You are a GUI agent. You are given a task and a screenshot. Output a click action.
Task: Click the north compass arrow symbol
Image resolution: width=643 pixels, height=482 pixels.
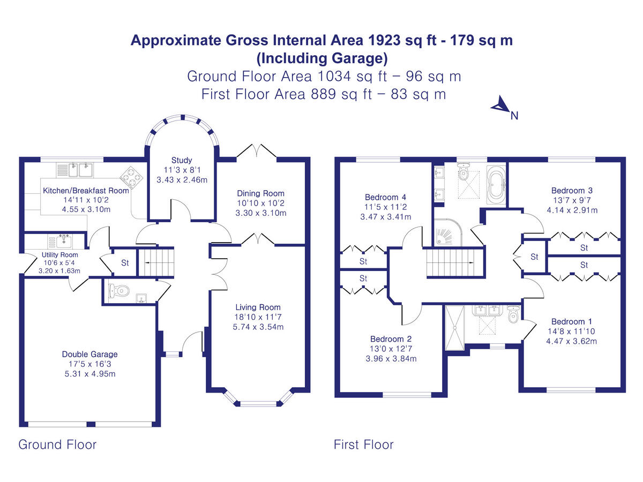500,105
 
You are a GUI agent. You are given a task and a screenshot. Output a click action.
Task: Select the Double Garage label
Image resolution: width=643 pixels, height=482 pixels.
89,354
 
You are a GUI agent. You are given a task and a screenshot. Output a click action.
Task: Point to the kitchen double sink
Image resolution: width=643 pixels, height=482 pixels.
79,170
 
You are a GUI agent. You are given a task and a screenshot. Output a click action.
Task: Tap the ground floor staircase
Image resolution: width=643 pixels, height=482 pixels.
155,261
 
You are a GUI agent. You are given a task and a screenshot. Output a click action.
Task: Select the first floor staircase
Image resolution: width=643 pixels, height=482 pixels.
450,262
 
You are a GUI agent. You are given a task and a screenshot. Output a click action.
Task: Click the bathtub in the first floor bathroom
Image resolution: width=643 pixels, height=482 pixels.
496,185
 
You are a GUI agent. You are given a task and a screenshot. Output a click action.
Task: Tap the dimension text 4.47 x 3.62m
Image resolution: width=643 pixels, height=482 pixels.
572,341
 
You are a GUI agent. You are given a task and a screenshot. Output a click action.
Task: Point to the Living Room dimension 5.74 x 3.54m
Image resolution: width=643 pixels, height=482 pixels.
258,327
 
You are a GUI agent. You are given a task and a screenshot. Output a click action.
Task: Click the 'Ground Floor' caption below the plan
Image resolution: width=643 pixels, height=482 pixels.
57,445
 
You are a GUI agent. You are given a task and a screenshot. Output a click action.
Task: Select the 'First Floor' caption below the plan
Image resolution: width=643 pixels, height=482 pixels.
363,445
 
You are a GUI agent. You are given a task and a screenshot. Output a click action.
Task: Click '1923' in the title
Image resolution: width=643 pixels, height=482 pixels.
366,40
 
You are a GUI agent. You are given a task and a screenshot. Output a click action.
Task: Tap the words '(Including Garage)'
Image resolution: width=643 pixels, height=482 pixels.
322,58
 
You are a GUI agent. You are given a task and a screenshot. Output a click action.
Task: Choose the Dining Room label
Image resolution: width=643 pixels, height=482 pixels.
260,193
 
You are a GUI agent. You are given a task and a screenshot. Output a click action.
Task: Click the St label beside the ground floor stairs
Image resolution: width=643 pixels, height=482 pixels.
125,263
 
